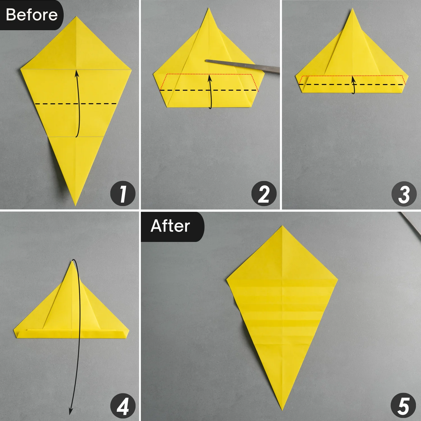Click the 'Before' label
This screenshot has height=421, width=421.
(31, 15)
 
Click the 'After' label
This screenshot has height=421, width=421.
(170, 226)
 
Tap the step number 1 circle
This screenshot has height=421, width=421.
(123, 194)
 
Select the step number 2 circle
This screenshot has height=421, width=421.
(264, 194)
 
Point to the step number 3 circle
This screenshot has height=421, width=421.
(404, 194)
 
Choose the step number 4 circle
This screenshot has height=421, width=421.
(123, 406)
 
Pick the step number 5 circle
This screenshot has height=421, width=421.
(403, 406)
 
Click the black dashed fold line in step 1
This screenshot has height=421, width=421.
(56, 104)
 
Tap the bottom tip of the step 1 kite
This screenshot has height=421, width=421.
(75, 205)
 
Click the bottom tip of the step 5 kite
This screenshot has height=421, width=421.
(282, 409)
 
